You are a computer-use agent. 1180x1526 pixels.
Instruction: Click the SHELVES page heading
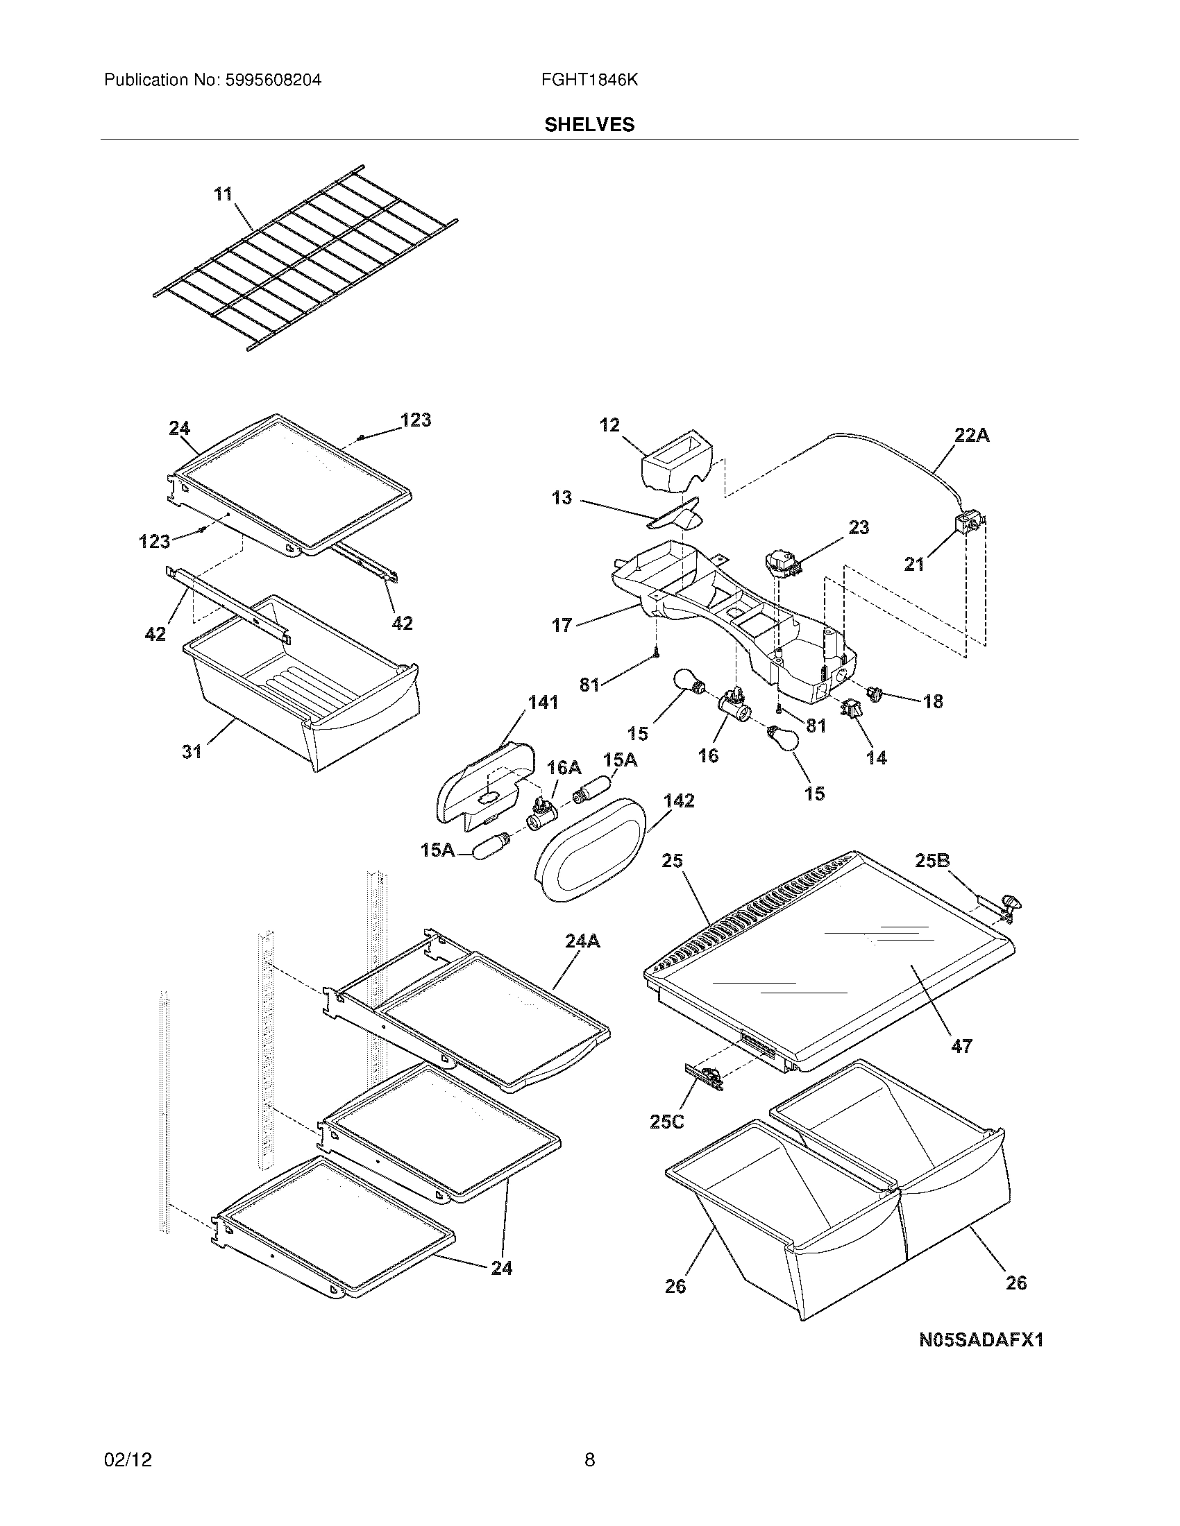(589, 124)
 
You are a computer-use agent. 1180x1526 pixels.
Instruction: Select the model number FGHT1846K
(589, 80)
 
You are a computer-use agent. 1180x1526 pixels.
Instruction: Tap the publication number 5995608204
(273, 80)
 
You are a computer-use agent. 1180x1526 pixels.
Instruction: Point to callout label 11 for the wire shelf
(223, 194)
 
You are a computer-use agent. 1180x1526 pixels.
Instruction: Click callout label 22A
(972, 436)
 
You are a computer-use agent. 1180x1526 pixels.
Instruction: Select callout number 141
(543, 702)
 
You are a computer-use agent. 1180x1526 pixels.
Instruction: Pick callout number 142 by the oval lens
(679, 800)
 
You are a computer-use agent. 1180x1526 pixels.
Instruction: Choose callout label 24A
(582, 941)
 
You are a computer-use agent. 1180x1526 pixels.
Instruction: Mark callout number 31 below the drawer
(192, 751)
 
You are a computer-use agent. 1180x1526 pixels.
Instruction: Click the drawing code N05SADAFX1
(981, 1339)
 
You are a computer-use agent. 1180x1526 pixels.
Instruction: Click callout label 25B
(932, 861)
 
